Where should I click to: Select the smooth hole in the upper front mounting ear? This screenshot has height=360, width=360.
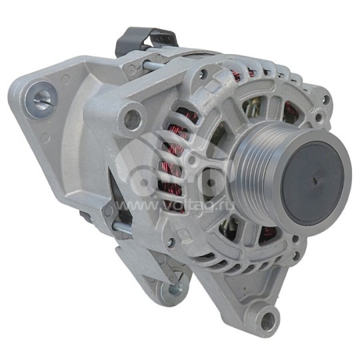(132, 119)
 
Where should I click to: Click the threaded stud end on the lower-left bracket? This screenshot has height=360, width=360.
(175, 289)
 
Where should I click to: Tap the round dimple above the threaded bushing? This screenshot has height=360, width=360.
(65, 78)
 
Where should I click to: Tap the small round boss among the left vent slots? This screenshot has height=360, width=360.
(191, 160)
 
